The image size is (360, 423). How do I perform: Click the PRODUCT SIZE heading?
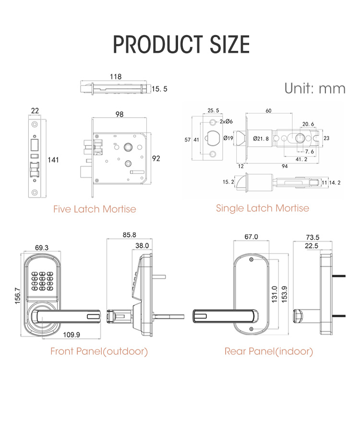(181, 44)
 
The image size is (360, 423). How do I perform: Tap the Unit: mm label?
(314, 88)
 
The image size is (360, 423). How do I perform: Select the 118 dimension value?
(116, 77)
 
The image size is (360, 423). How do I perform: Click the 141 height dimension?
(53, 159)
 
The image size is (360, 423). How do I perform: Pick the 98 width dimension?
(120, 115)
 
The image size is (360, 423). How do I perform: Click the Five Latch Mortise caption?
(95, 209)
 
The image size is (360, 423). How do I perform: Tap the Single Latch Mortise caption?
(263, 208)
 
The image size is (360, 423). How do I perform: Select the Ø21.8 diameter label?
(261, 139)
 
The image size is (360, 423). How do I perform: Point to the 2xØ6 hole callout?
(226, 121)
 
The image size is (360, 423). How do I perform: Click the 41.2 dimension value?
(301, 159)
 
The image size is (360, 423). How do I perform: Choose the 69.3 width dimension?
(42, 248)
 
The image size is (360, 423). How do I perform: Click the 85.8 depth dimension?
(129, 235)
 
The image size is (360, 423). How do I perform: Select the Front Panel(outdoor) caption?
(99, 351)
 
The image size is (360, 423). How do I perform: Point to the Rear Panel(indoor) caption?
(269, 351)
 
